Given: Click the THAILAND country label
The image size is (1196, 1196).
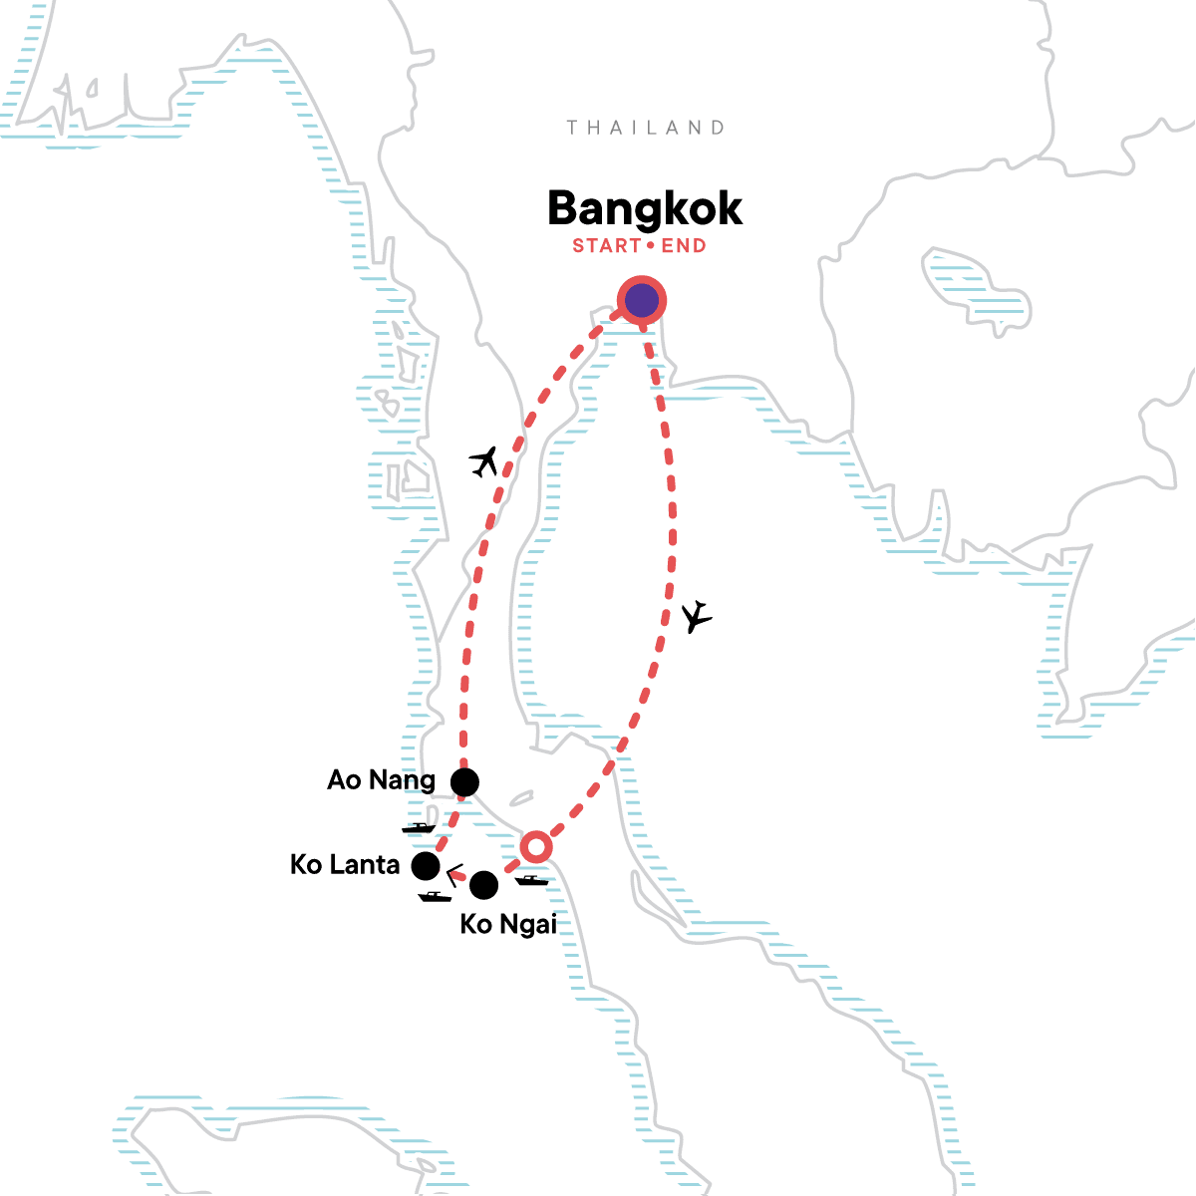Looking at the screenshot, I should click(x=645, y=128).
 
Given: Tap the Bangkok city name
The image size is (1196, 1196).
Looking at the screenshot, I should click(x=645, y=209).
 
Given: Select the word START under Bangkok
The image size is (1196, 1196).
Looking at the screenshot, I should click(x=605, y=246).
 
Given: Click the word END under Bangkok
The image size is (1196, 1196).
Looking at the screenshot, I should click(x=684, y=246).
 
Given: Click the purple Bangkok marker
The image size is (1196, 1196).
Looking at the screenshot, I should click(x=641, y=300).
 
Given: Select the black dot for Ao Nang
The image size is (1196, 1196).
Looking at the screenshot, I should click(x=464, y=782).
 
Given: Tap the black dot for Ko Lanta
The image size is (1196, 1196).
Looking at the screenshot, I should click(x=426, y=866).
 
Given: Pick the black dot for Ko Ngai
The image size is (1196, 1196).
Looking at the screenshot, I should click(x=483, y=884).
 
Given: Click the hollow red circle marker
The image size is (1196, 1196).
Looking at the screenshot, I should click(x=535, y=846).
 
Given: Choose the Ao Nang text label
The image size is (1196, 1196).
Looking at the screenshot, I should click(x=381, y=779).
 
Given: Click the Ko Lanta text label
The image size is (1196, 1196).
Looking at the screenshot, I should click(x=345, y=864).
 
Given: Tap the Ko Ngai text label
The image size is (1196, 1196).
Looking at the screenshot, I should click(x=508, y=925).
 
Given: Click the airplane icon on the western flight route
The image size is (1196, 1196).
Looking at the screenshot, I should click(x=484, y=461).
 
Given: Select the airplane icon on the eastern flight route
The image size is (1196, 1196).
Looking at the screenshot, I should click(x=698, y=617).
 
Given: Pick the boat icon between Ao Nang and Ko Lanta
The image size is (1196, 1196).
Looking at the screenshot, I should click(x=419, y=827).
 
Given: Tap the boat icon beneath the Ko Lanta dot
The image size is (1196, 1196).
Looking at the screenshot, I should click(x=435, y=896).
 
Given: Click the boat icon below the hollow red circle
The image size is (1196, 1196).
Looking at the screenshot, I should click(x=531, y=880).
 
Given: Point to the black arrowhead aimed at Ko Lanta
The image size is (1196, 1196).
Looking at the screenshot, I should click(x=452, y=875).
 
